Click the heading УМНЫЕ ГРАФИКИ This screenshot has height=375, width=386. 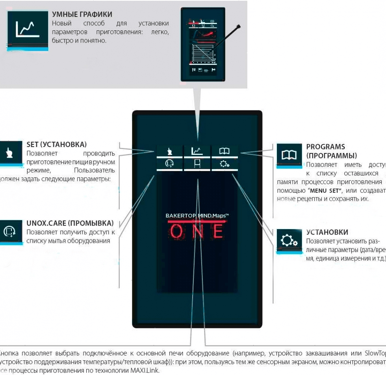[x=82, y=14]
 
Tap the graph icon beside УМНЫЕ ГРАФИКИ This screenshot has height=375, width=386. [x=27, y=29]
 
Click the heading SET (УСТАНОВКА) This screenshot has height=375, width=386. [x=56, y=145]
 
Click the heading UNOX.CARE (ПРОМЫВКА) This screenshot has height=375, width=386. [x=70, y=223]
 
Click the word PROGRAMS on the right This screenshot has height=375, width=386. [x=325, y=147]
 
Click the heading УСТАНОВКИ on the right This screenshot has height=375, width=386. [x=327, y=232]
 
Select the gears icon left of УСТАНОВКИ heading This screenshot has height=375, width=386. [x=289, y=240]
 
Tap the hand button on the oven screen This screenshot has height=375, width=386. [x=170, y=151]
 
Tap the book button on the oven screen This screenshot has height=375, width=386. [x=225, y=151]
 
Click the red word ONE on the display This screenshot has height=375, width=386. [x=197, y=231]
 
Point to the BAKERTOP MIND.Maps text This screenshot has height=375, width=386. [x=197, y=216]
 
